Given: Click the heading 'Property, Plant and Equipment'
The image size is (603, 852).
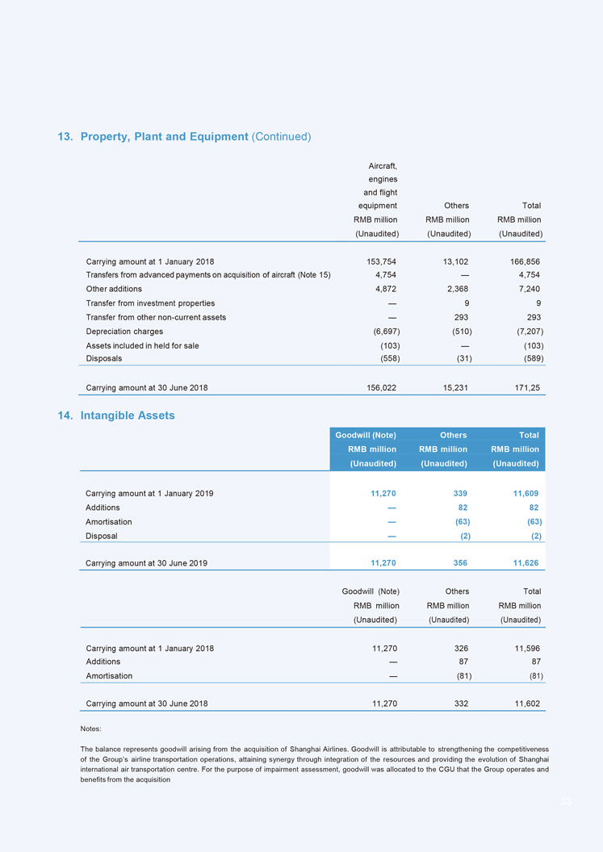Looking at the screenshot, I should tap(164, 136).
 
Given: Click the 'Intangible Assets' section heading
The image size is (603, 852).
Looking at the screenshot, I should tap(128, 416).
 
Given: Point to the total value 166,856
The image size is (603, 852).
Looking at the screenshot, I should tap(525, 261).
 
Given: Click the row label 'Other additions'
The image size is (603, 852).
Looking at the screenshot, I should tap(114, 289).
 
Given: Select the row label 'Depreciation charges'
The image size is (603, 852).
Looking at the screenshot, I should tap(124, 332).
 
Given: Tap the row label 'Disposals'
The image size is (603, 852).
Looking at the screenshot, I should tap(104, 359).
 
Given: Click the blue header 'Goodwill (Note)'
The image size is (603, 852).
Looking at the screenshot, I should tap(366, 436).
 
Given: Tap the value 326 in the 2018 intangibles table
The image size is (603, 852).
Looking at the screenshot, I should tap(459, 648).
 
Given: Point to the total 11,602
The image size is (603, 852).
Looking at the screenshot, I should tap(525, 704).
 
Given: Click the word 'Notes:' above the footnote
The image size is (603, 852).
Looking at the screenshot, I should tap(90, 729).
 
